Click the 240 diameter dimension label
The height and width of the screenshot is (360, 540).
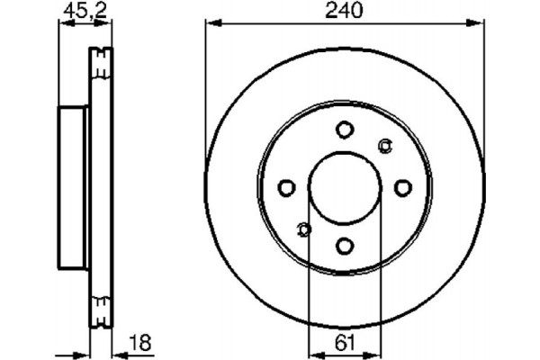coord(344,12)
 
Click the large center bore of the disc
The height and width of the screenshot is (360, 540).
coord(345,187)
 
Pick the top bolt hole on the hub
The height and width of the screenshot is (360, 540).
coord(345,130)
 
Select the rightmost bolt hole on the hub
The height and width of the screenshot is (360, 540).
coord(402,187)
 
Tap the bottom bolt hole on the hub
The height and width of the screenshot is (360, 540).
coord(345,244)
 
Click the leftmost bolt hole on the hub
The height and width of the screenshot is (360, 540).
coord(287,187)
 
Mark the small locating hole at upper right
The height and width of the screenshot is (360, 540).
coord(385,146)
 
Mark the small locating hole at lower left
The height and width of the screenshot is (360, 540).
coord(304,229)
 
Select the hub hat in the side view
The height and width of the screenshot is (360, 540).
coord(74,187)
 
